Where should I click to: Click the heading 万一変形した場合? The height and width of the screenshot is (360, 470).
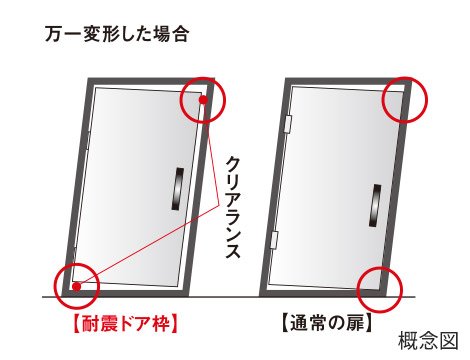coord(117,34)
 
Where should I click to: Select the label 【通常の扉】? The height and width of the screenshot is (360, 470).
coord(327,323)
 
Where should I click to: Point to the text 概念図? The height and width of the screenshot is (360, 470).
coord(428,340)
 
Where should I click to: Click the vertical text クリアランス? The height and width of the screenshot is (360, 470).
coord(233,207)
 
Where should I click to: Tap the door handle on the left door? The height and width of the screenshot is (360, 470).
coord(177,189)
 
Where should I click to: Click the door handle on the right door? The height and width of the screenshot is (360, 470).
coord(375,205)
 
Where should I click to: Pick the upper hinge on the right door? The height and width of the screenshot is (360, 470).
coord(288,124)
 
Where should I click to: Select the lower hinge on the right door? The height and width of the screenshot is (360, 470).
coord(274,240)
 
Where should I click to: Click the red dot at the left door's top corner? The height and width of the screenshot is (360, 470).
coord(203,99)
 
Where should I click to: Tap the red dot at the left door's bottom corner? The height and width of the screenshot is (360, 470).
coord(77,286)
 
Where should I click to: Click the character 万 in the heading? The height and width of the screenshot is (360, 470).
coord(54,34)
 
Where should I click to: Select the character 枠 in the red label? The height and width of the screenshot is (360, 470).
coord(159,323)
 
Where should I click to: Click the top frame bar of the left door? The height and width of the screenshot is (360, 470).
coord(151,81)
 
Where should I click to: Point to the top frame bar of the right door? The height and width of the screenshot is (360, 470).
coord(349,82)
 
